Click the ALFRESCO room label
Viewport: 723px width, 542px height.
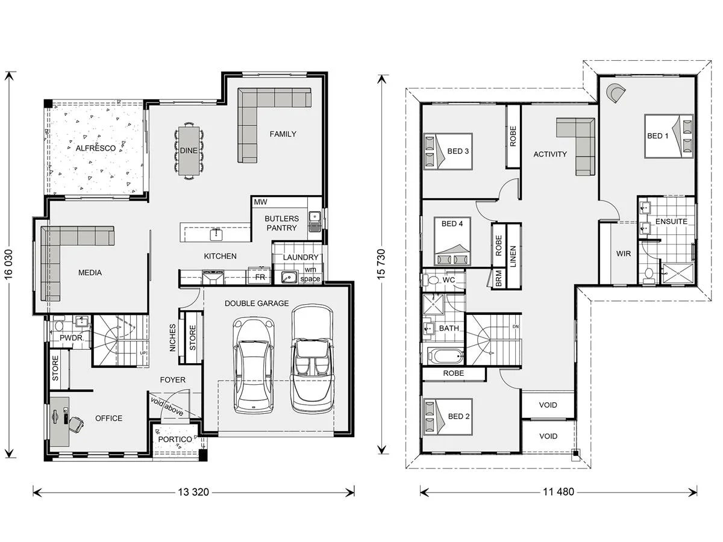coord(96,148)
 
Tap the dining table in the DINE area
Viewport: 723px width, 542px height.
coord(189,151)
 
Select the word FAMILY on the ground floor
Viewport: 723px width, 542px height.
coord(283,134)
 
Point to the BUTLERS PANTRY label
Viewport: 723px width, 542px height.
coord(281,223)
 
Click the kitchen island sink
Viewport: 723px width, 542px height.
coord(216,234)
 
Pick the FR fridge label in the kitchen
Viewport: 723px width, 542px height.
coord(260,277)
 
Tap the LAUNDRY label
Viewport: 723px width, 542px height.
coord(301,257)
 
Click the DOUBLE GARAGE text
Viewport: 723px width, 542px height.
coord(257,303)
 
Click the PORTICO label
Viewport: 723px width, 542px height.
coord(175,440)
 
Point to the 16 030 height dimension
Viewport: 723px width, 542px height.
coord(8,264)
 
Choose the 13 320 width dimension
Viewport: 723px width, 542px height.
coord(193,492)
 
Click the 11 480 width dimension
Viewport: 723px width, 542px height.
coord(559,491)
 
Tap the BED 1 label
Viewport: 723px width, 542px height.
coord(657,135)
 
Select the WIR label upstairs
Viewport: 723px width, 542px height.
coord(624,254)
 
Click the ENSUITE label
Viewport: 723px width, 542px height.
coord(671,222)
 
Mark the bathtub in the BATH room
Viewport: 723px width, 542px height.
coord(445,356)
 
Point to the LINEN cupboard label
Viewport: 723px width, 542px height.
coord(513,257)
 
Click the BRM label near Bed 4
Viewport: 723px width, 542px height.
coord(498,278)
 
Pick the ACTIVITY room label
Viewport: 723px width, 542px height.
coord(550,154)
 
